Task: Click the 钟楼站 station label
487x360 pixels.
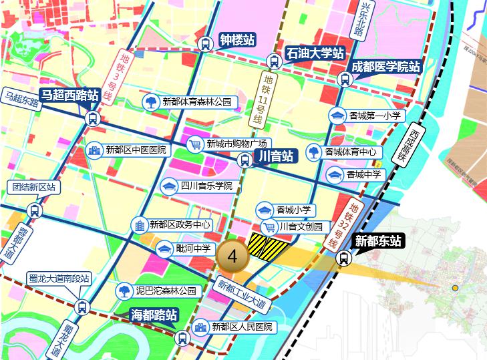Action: [237, 40]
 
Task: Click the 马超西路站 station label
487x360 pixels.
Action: [69, 95]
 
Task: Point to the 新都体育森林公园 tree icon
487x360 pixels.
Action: [152, 102]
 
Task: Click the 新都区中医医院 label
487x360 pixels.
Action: [136, 150]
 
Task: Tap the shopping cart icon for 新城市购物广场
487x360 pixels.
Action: [195, 144]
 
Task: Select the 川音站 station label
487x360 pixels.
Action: [274, 156]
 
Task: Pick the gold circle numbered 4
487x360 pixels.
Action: [232, 255]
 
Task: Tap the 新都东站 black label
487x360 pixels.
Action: [377, 240]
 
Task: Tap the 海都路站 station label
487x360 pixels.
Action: [154, 314]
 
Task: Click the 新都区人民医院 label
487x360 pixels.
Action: [242, 327]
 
